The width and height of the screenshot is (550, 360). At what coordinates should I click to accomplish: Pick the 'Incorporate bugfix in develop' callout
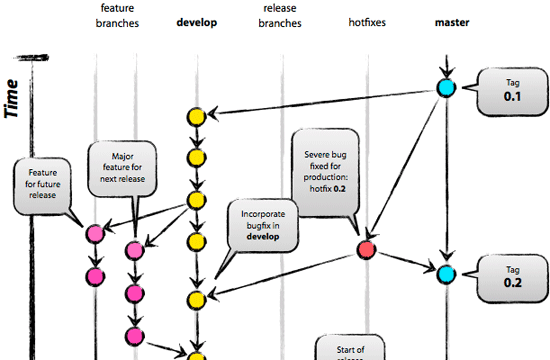click(262, 226)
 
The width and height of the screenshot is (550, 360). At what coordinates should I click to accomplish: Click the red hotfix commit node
click(366, 249)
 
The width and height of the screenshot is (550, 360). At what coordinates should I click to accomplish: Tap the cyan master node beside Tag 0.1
click(446, 88)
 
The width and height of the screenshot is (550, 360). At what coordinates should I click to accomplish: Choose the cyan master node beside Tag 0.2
click(446, 272)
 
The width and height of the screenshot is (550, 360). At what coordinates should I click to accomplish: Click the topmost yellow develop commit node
click(197, 117)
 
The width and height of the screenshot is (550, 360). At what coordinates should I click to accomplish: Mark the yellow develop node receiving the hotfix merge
click(197, 298)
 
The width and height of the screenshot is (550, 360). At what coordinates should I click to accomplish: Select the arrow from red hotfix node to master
click(406, 261)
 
